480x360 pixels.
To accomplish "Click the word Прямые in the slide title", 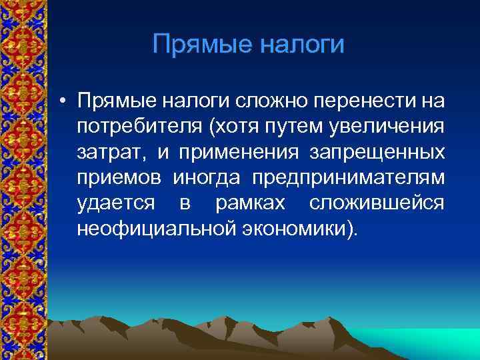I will [x=201, y=45].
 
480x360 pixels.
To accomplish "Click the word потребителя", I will [x=135, y=126].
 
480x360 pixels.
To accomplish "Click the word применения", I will [x=236, y=152].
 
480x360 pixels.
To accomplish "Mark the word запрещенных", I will [x=377, y=152].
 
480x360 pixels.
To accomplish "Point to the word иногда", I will [x=209, y=177].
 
